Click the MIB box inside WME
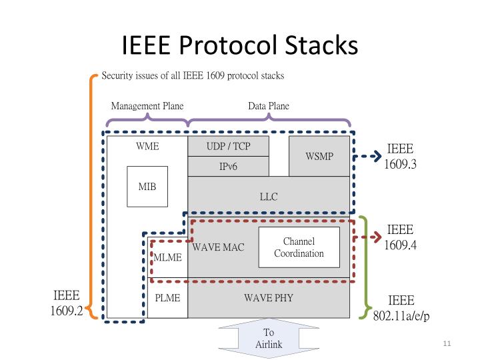147,187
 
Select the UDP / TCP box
229,146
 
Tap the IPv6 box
229,167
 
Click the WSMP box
319,156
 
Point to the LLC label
268,197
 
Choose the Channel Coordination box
299,247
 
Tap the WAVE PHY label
268,297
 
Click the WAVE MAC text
218,247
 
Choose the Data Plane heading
269,106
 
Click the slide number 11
447,343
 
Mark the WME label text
147,146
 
